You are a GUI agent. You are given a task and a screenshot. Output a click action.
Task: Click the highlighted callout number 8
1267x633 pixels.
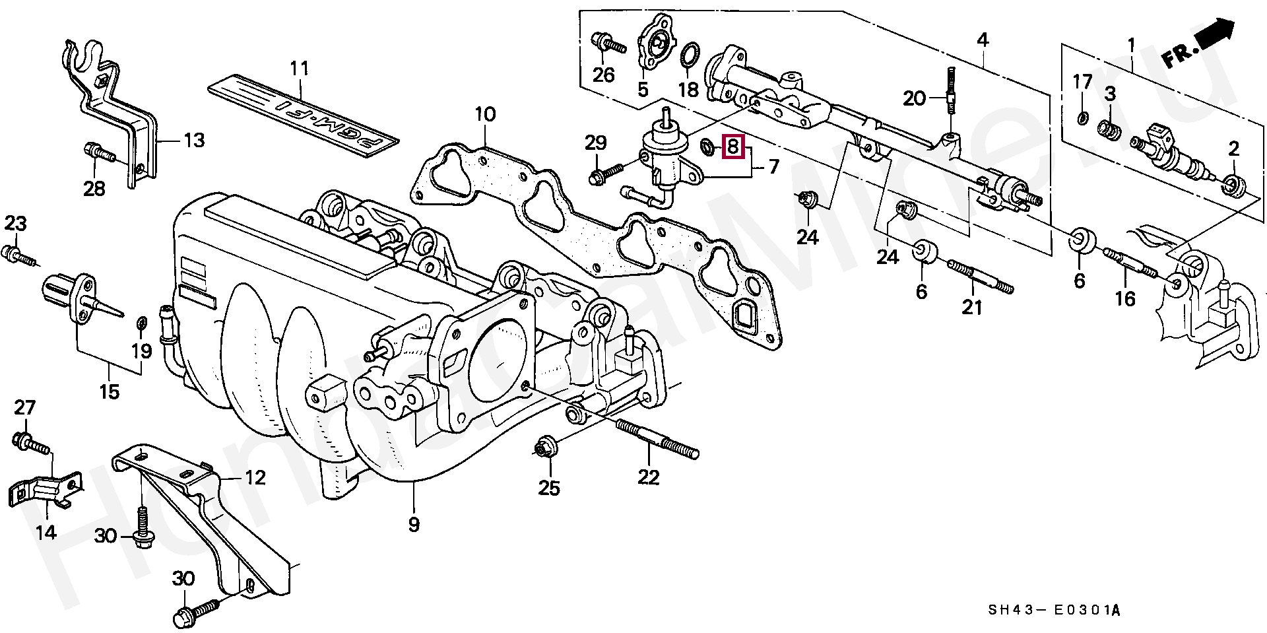point(733,147)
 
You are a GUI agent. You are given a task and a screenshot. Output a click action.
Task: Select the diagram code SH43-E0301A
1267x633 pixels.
point(1054,611)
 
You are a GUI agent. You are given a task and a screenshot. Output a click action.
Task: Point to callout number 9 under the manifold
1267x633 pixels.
point(414,525)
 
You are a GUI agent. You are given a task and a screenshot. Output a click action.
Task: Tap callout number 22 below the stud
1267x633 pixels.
point(649,477)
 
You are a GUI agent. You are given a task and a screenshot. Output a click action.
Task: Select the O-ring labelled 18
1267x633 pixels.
point(690,55)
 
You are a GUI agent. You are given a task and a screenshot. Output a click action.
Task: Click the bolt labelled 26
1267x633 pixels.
point(608,44)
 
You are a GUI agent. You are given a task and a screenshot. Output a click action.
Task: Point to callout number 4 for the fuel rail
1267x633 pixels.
point(983,40)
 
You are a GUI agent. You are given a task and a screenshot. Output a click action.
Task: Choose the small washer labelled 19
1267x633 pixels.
point(141,323)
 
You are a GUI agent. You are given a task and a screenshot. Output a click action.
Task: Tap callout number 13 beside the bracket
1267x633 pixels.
point(194,140)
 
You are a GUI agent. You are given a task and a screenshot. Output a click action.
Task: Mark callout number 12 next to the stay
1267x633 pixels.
point(255,477)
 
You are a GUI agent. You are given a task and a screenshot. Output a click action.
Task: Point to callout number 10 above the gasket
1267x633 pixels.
point(485,114)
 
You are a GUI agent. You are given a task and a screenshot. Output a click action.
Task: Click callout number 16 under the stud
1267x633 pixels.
point(1125,299)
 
